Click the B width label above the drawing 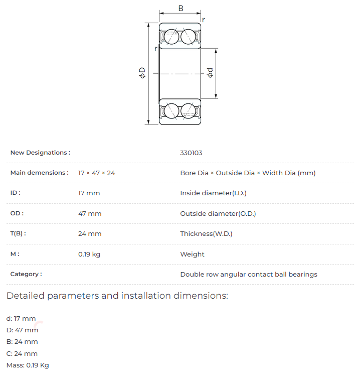tap(181, 9)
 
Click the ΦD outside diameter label tap(142, 73)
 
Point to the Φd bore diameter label tap(210, 73)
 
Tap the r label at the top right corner tap(204, 20)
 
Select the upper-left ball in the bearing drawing tap(171, 37)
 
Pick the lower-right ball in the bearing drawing tap(189, 111)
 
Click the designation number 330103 tap(191, 153)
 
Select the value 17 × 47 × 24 tap(97, 173)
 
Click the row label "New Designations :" tap(40, 153)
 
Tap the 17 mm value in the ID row tap(89, 193)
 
